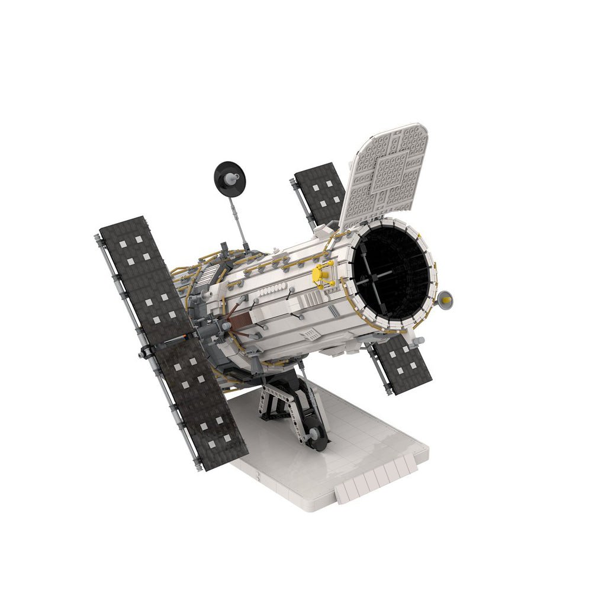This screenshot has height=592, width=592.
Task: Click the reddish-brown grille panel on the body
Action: (x=239, y=322)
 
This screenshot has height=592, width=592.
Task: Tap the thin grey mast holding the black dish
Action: (x=240, y=219)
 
